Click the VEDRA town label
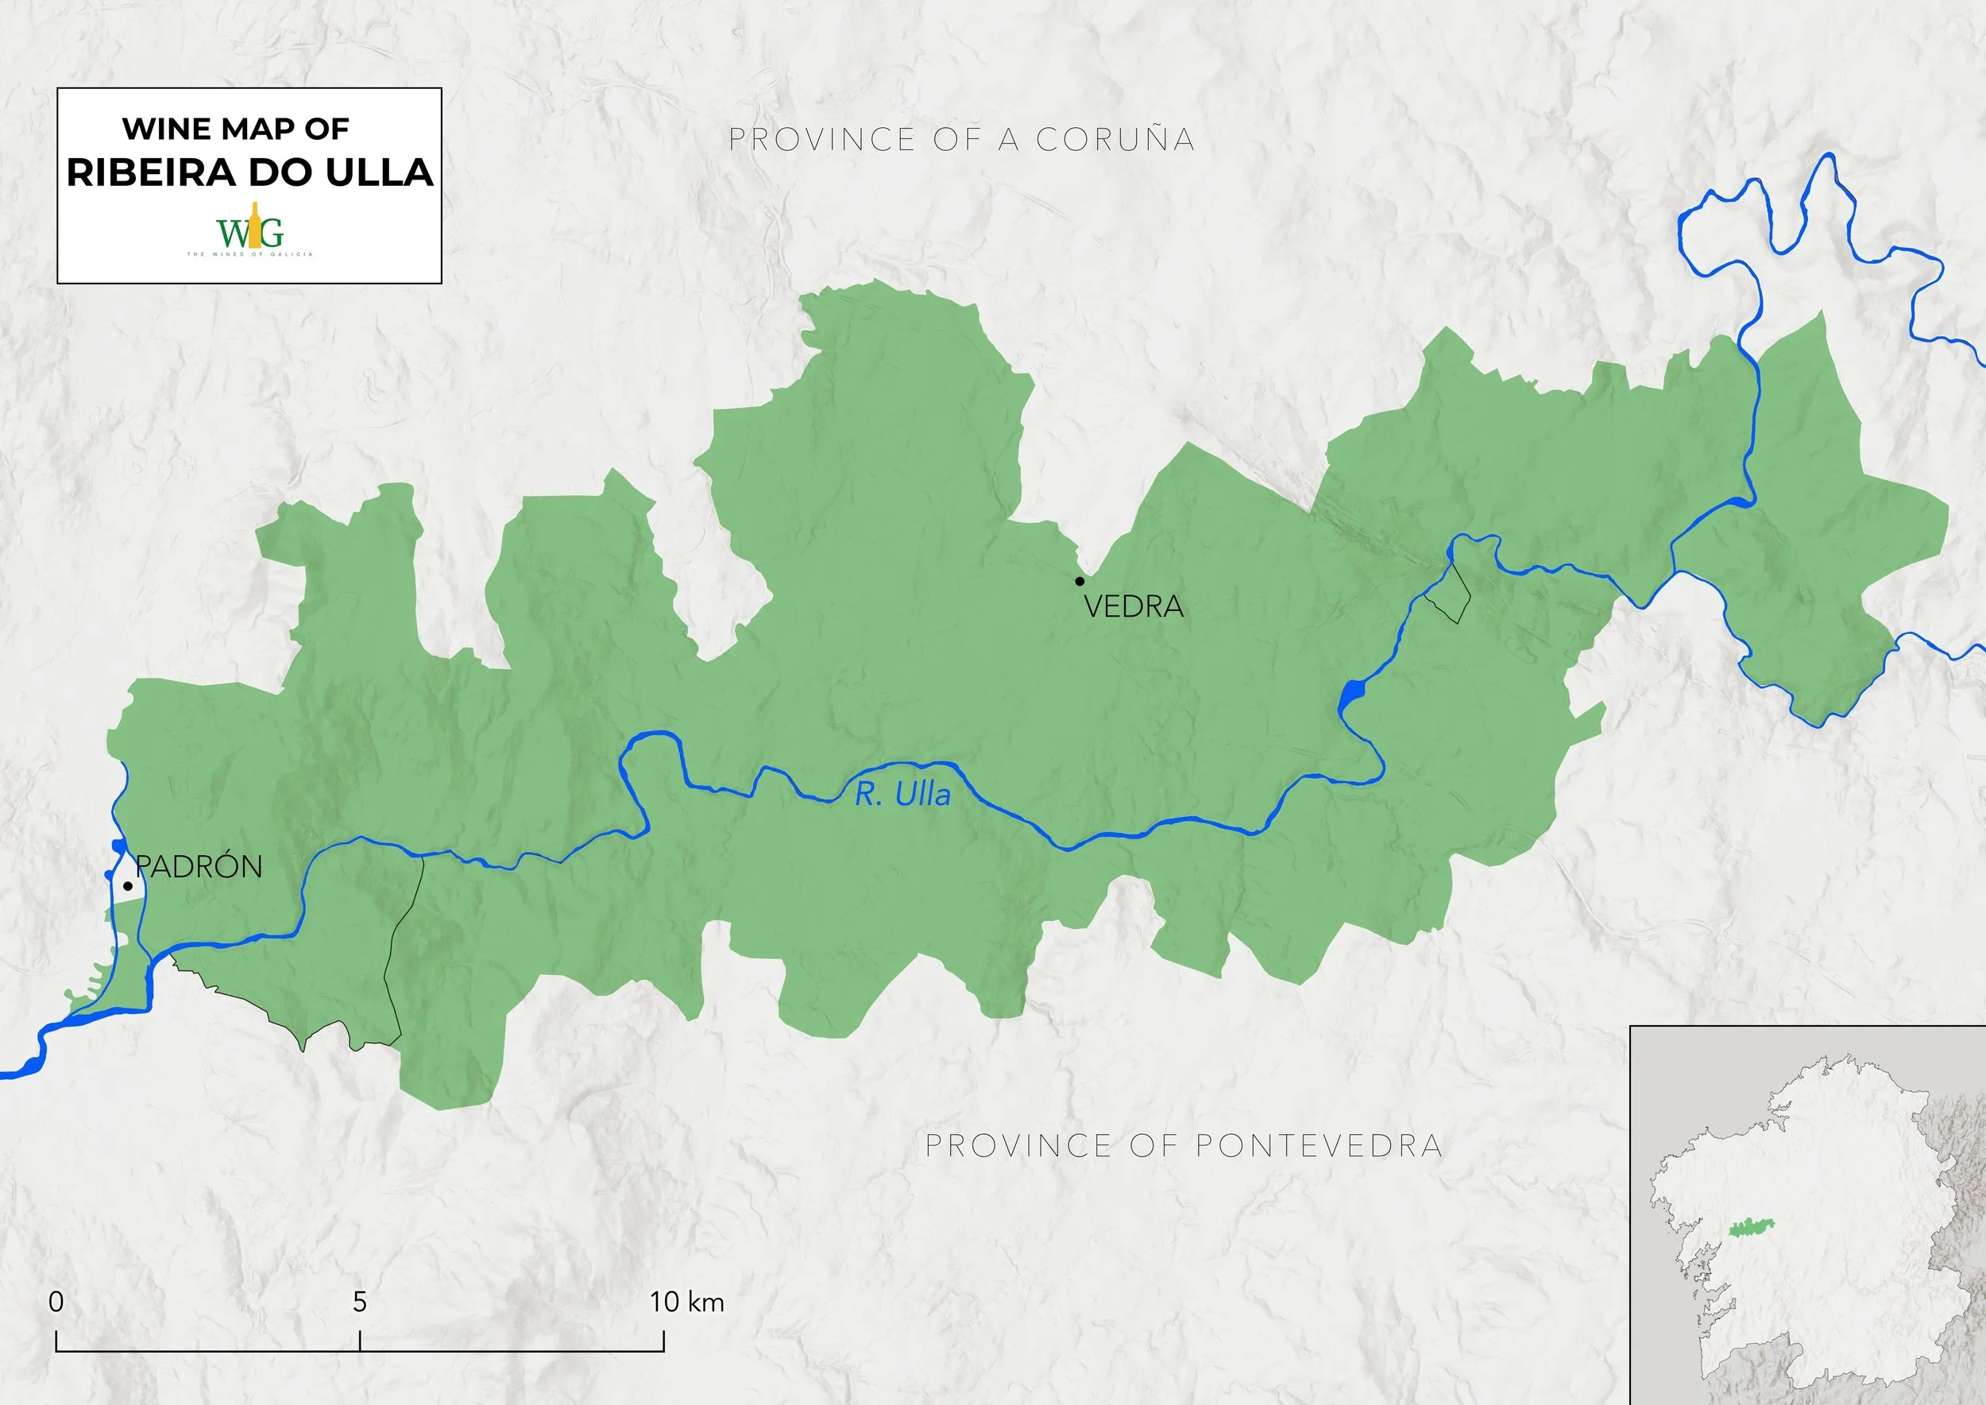pos(1133,607)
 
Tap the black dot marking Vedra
pos(1080,580)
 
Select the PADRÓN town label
pos(199,867)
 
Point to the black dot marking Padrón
pos(127,886)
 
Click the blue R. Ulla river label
pos(902,794)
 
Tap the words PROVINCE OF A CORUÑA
pos(962,139)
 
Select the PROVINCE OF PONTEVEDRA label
pos(1184,1145)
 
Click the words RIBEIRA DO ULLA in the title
pos(250,172)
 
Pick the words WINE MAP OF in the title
pos(235,129)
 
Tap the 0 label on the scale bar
pos(56,1301)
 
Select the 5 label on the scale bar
pos(360,1301)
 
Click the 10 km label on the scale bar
pos(687,1301)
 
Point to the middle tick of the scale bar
pos(360,1340)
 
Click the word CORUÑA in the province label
pos(1116,139)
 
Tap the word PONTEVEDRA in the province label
pos(1319,1145)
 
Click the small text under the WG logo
pos(250,254)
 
